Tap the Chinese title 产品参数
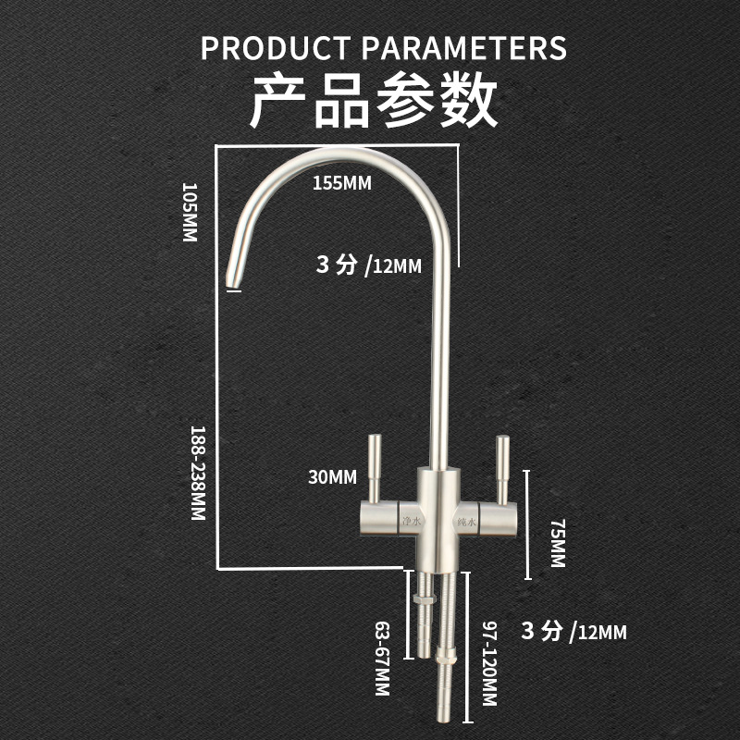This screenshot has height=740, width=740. tap(375, 101)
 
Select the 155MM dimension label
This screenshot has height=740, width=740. tap(341, 183)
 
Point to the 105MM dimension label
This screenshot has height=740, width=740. tap(190, 212)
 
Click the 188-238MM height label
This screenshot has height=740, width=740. tap(197, 474)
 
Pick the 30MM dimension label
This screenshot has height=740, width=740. tap(334, 477)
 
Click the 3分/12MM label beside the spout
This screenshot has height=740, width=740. tap(368, 266)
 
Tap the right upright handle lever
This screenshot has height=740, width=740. tap(503, 469)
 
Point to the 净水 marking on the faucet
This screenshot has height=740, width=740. tap(412, 524)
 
